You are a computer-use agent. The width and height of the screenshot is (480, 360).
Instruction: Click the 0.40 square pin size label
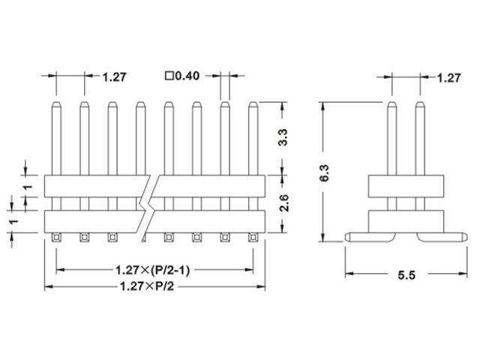pos(185,76)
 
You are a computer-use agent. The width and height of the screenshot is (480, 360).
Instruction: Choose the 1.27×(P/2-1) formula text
pos(151,268)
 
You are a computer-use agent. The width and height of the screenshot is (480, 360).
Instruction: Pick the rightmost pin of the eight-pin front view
pos(252,139)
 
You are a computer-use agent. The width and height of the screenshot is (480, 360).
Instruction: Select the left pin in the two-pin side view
pos(391,139)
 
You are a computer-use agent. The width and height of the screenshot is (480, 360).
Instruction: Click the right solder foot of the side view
pos(439,236)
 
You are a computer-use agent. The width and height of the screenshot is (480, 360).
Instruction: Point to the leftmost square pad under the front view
pos(56,238)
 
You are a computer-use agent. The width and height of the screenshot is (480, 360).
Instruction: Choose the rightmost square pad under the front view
pos(252,238)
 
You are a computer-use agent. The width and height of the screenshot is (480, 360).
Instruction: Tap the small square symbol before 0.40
pos(169,76)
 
